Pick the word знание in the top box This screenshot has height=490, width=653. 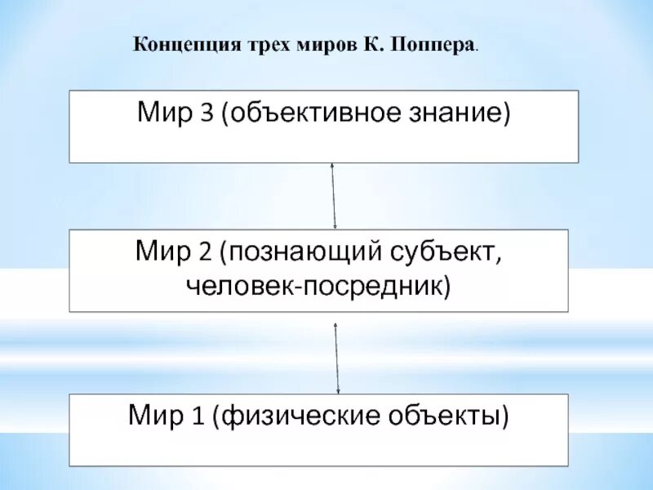tap(459, 114)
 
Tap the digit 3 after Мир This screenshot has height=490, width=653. tap(206, 114)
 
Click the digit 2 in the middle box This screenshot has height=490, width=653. tap(201, 252)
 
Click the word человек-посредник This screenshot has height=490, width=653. tap(318, 286)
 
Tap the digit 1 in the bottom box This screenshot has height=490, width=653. tap(197, 417)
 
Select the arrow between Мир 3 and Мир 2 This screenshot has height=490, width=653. tap(333, 196)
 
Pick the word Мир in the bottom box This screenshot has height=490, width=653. tap(158, 417)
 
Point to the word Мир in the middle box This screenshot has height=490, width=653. tap(162, 252)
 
